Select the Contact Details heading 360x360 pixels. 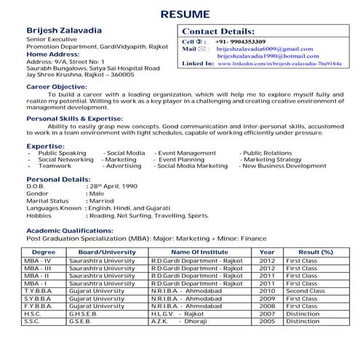[x=218, y=32]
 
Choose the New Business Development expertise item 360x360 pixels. [x=284, y=166]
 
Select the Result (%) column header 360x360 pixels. [x=316, y=252]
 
